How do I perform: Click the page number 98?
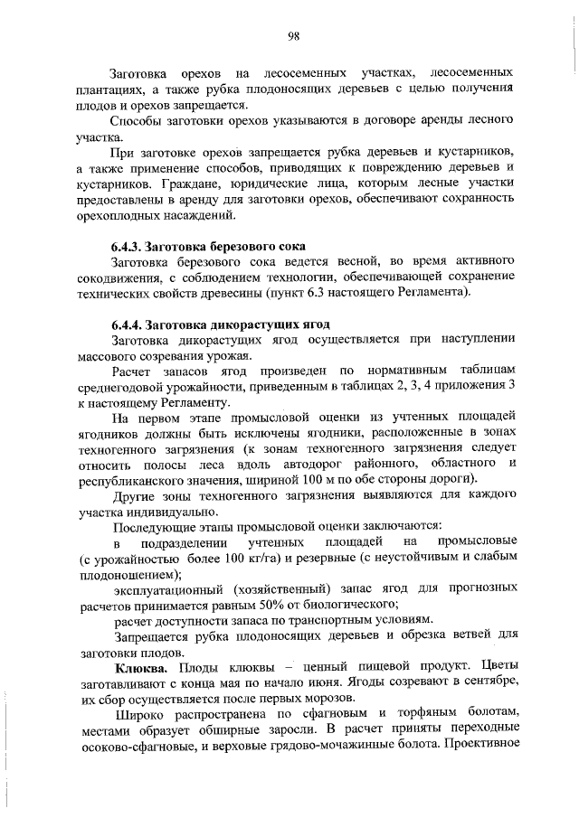[x=294, y=36]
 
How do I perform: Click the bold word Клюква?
[x=140, y=667]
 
